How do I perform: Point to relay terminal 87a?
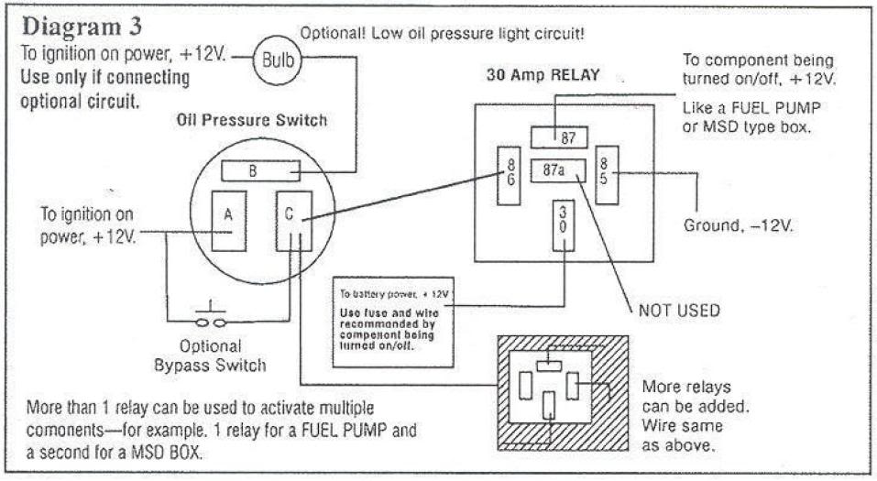(x=554, y=169)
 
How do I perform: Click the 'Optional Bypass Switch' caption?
(x=210, y=356)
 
